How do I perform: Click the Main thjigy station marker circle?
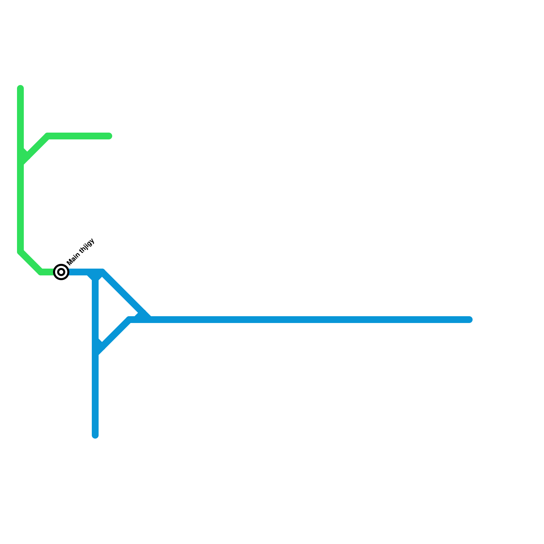(x=61, y=272)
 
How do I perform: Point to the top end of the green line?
(x=20, y=88)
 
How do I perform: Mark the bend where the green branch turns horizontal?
(x=48, y=136)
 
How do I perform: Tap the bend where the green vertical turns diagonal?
(x=20, y=252)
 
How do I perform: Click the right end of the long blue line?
(x=470, y=320)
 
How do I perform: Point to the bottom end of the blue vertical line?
(x=95, y=436)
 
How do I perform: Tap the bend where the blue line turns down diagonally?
(x=103, y=272)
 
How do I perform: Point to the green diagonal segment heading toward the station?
(x=31, y=262)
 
